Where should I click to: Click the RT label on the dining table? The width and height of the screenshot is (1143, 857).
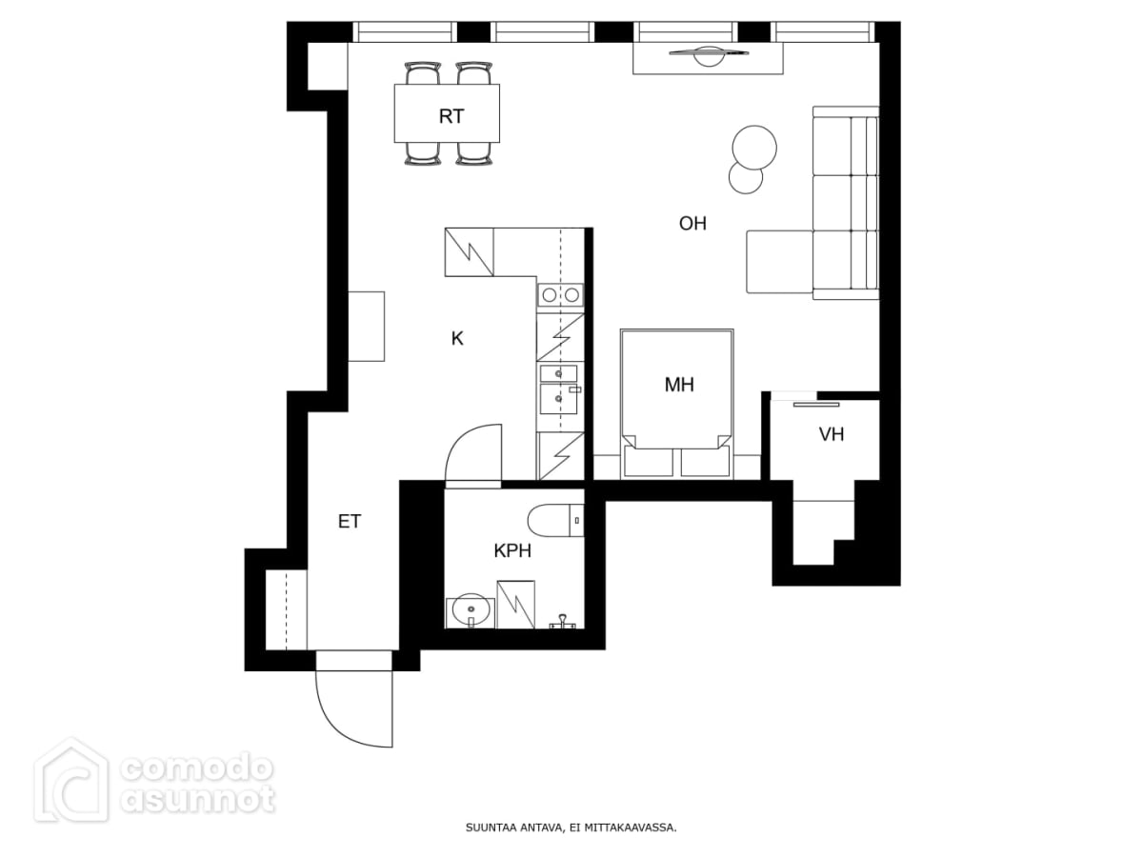point(451,116)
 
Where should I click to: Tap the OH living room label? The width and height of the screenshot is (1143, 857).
point(692,224)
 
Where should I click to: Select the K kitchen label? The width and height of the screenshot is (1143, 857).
point(457,339)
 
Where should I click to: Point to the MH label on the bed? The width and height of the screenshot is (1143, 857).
point(679,385)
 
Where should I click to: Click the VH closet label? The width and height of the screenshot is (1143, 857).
point(832,434)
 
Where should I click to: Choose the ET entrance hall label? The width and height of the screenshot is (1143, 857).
point(350,522)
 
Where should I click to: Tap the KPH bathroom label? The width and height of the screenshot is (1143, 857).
point(512,550)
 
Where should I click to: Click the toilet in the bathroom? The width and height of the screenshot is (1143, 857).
point(555,520)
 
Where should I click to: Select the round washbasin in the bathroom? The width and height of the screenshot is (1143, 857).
point(471,610)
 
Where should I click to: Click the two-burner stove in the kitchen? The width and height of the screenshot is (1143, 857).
point(560,295)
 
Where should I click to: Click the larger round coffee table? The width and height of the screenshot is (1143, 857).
point(754,148)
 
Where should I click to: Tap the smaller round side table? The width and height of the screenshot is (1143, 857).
point(746,178)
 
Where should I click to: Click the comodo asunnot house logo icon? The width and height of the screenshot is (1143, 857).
point(71,781)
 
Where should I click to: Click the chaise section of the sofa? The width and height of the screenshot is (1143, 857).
point(779,262)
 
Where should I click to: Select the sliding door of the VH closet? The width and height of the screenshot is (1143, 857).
point(816,405)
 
